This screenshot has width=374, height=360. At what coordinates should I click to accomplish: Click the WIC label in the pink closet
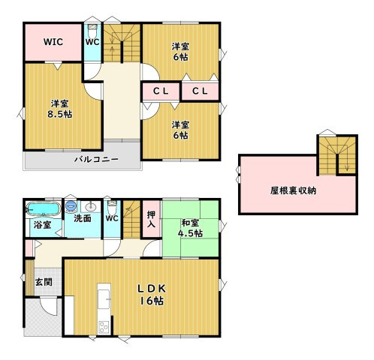(x=53, y=42)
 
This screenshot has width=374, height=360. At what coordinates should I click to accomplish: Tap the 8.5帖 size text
(x=60, y=115)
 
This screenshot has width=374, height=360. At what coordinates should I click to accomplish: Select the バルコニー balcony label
(x=96, y=159)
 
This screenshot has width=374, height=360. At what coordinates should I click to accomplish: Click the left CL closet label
(x=161, y=91)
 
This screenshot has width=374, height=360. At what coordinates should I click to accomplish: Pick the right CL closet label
(x=200, y=91)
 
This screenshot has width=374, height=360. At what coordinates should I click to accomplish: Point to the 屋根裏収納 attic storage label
(x=293, y=190)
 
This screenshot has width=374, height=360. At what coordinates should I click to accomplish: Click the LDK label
(x=152, y=289)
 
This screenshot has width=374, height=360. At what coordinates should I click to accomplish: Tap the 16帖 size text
(x=152, y=301)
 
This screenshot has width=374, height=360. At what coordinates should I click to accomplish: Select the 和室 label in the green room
(x=190, y=223)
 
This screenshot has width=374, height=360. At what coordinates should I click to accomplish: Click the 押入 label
(x=152, y=219)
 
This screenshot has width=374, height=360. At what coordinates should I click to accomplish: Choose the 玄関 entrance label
(x=44, y=282)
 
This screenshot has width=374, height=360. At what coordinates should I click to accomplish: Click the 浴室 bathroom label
(x=43, y=225)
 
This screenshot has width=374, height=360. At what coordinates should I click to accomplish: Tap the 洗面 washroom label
(x=83, y=218)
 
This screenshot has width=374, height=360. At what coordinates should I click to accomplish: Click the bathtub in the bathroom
(x=44, y=208)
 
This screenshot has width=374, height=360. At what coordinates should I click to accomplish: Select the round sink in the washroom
(x=89, y=207)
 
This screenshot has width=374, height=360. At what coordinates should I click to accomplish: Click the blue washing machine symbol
(x=71, y=206)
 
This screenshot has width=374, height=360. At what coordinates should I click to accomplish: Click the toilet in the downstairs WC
(x=112, y=206)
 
